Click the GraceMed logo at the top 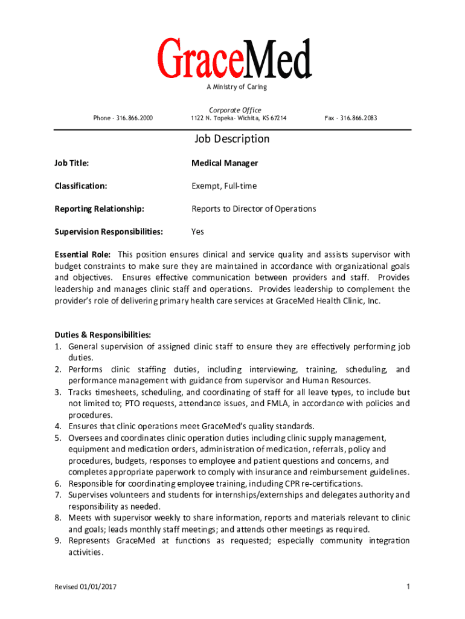235,59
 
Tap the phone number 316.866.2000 135,118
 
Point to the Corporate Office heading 235,110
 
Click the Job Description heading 232,139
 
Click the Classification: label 81,186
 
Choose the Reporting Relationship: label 100,209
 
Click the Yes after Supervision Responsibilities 197,232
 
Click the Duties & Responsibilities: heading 103,335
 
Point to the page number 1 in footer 408,587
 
